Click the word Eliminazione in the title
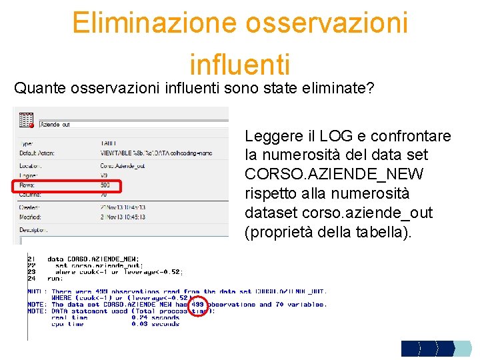point(154,23)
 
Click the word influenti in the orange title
point(239,65)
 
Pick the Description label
point(33,229)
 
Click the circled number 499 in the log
point(198,305)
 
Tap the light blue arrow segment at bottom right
point(462,349)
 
